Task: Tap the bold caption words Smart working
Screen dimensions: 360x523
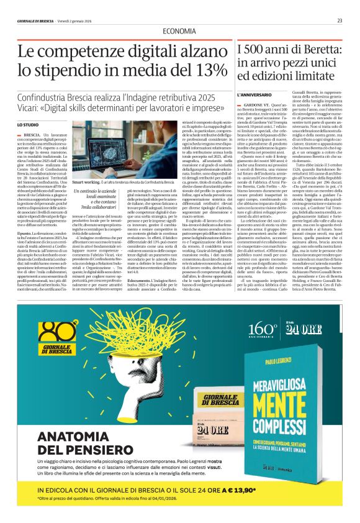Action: point(83,182)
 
